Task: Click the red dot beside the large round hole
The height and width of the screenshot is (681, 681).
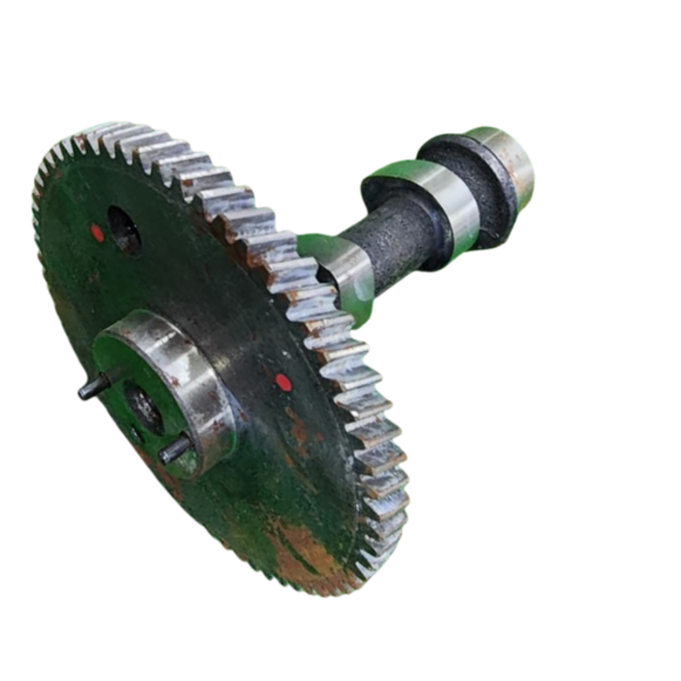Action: coord(97,233)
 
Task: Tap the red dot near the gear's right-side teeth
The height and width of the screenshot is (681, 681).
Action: coord(283,382)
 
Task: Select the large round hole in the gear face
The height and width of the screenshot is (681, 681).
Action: coord(124,230)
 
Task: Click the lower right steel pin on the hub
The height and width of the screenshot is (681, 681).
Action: coord(175,448)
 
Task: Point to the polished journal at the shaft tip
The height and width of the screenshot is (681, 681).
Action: coord(511,161)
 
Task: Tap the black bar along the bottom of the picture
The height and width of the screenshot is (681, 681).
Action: coord(340,652)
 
